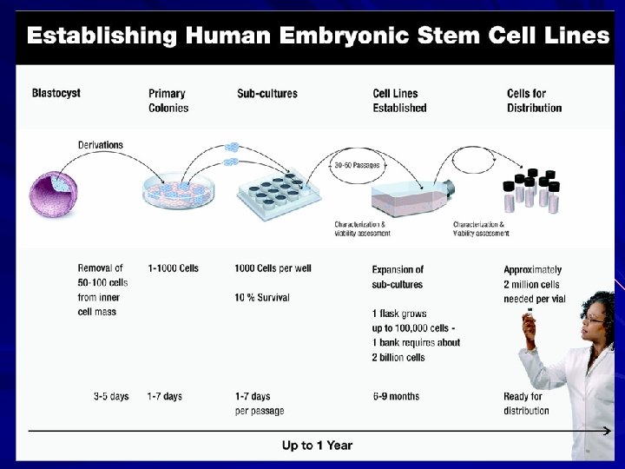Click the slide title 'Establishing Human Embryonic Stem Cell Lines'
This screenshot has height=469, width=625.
pyautogui.click(x=318, y=36)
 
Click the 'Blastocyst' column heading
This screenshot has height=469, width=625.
pyautogui.click(x=56, y=94)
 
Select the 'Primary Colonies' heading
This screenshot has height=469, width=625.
pyautogui.click(x=168, y=101)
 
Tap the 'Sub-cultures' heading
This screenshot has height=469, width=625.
pyautogui.click(x=267, y=94)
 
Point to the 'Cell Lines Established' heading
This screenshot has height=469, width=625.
pyautogui.click(x=399, y=101)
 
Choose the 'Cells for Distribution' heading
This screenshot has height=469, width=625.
pyautogui.click(x=534, y=101)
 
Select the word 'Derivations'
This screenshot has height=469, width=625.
pyautogui.click(x=101, y=145)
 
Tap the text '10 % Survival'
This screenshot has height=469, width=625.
pyautogui.click(x=262, y=298)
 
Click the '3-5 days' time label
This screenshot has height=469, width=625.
pyautogui.click(x=111, y=397)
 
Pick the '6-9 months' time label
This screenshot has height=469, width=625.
pyautogui.click(x=396, y=397)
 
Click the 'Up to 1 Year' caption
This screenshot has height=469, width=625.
pyautogui.click(x=317, y=446)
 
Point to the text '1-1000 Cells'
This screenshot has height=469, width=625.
pyautogui.click(x=173, y=268)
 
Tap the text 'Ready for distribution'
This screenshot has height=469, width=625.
pyautogui.click(x=526, y=404)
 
